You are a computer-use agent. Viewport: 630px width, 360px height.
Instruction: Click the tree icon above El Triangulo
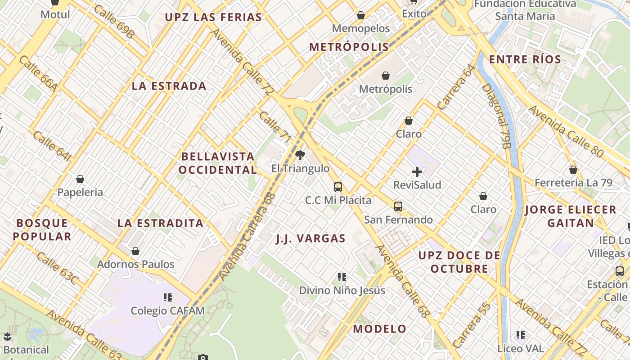(300, 156)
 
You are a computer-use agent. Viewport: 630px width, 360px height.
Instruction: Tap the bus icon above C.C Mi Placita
(338, 187)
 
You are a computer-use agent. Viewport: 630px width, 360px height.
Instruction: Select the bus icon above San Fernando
(398, 207)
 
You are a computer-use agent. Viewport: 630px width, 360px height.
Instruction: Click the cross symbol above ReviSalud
(417, 171)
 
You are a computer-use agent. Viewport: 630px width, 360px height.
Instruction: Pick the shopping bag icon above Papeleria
(80, 179)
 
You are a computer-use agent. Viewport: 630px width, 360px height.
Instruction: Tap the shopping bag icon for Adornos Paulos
(135, 251)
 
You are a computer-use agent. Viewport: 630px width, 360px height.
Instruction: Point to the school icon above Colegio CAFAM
(168, 297)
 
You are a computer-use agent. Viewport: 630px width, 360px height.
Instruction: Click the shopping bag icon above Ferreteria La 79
(573, 170)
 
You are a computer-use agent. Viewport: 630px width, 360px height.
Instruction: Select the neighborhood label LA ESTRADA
(169, 86)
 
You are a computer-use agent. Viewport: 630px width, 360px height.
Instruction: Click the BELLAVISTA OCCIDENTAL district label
(218, 163)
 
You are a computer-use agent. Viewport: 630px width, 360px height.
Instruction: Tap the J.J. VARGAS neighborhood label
(310, 238)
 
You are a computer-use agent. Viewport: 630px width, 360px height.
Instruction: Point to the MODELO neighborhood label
(379, 329)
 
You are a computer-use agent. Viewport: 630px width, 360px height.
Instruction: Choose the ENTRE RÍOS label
(525, 59)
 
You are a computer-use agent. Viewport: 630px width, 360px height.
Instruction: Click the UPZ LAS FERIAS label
(213, 18)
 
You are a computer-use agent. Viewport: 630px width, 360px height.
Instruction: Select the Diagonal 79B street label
(497, 116)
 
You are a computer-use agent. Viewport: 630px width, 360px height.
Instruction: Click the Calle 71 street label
(275, 127)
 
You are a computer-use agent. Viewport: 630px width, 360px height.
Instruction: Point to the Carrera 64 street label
(456, 87)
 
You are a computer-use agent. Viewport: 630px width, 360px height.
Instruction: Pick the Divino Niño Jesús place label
(342, 290)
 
